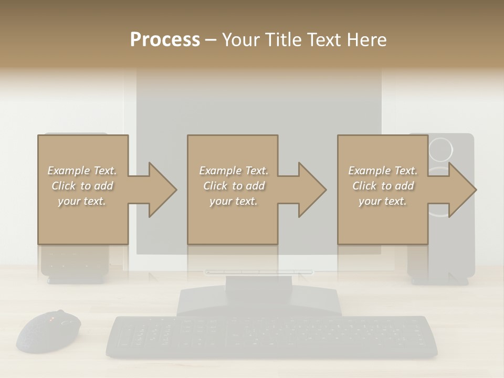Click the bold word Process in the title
coord(165,40)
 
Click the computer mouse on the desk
coord(49,331)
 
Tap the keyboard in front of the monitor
coord(271,336)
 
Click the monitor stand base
coord(259,301)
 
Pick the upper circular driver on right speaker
coord(440,149)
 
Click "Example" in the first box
coord(69,171)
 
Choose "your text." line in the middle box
coord(233,201)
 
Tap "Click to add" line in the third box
coord(383,186)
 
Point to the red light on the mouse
coord(51,319)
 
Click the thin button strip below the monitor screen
coord(259,272)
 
